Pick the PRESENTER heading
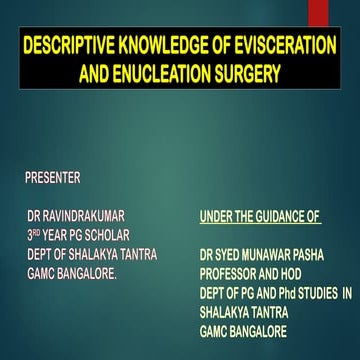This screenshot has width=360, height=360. [52, 178]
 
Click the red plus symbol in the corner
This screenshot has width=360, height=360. [346, 11]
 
